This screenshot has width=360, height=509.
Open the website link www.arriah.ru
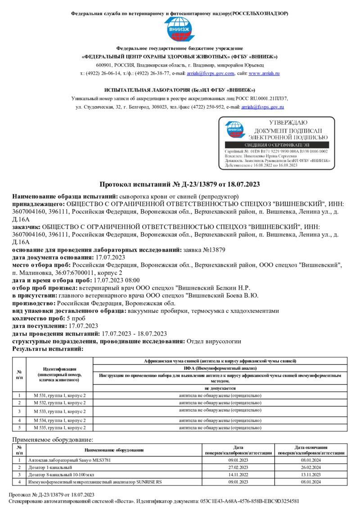pyautogui.click(x=264, y=73)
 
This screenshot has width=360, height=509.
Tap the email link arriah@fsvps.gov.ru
pyautogui.click(x=262, y=107)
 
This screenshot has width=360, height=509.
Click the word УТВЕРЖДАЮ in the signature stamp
pyautogui.click(x=288, y=122)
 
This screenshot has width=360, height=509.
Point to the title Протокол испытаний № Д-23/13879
pyautogui.click(x=180, y=184)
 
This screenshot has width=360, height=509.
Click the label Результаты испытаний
pyautogui.click(x=48, y=348)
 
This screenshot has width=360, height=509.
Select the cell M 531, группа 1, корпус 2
pyautogui.click(x=59, y=395)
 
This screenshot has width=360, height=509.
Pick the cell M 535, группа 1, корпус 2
pyautogui.click(x=59, y=428)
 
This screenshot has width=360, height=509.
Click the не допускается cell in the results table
pyautogui.click(x=220, y=388)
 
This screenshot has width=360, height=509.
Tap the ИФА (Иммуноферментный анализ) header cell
pyautogui.click(x=220, y=368)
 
